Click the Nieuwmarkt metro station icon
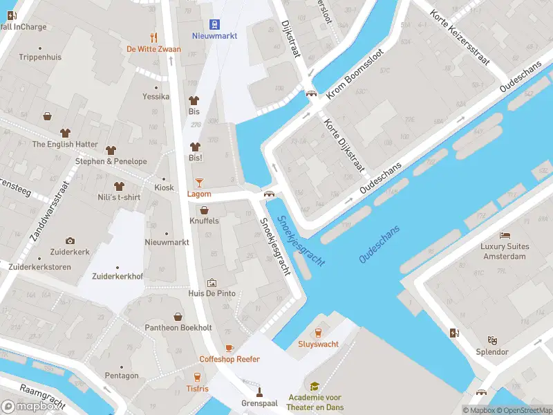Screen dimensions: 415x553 coord(216,23)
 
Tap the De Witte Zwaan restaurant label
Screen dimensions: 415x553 coord(153,49)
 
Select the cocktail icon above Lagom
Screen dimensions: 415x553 coord(199,182)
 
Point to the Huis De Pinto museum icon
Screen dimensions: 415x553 coord(212,283)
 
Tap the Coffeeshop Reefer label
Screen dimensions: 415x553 coord(229,359)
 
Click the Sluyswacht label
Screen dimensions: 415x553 coord(318,344)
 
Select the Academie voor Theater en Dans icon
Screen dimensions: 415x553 coord(315,387)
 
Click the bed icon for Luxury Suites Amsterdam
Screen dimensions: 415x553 coord(505,235)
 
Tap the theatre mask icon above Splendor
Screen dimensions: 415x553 coord(492,340)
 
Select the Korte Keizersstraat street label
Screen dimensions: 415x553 coord(459,38)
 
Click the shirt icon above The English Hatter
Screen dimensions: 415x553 coord(66,132)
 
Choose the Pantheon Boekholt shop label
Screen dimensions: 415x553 coord(178,327)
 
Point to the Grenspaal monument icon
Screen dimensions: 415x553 coord(259,391)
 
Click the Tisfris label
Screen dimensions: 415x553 coord(197,389)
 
